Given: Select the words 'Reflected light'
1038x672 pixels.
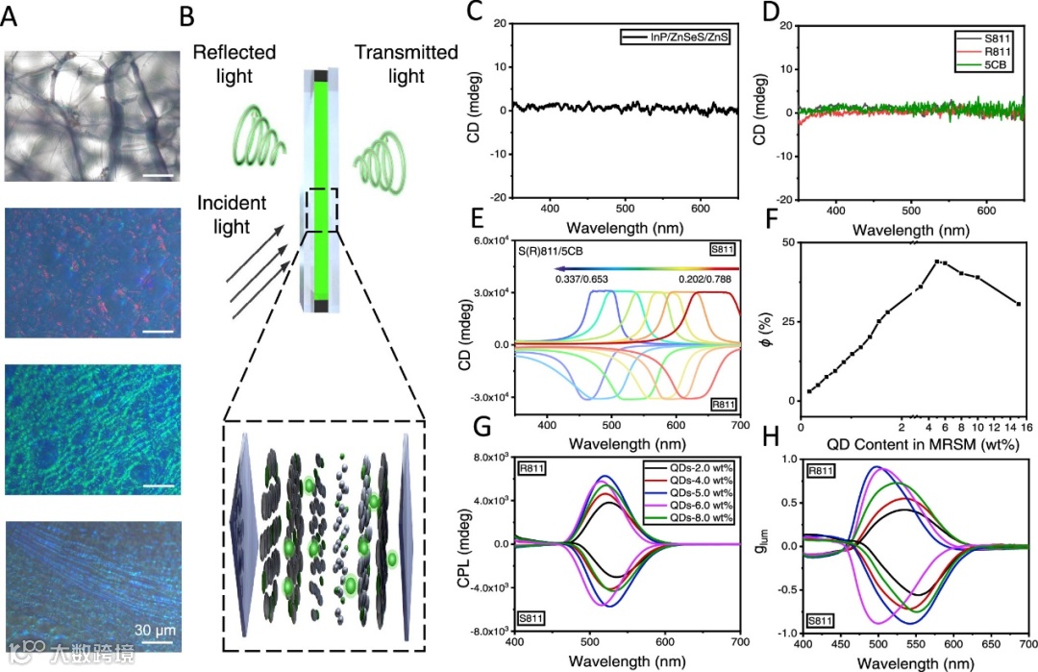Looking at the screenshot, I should [235, 63].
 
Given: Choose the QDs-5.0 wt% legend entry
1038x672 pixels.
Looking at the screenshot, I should [691, 491].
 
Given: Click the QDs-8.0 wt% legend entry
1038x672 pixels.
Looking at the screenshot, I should [691, 518].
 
